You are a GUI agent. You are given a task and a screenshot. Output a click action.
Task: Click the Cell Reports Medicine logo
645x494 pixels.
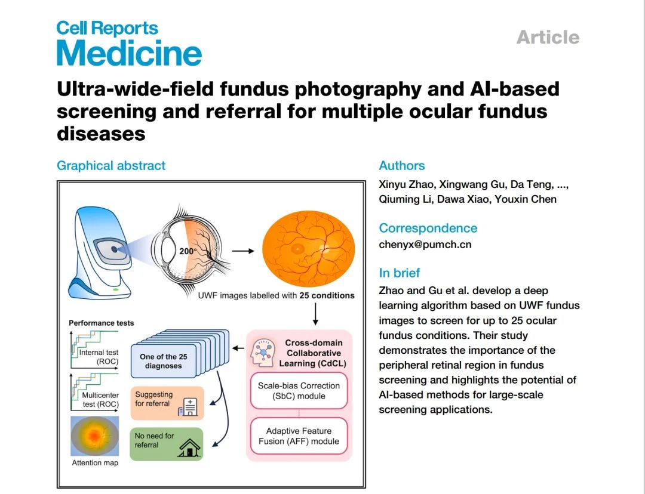(x=129, y=44)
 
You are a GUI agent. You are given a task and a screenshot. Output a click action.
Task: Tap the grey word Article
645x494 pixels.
(x=548, y=37)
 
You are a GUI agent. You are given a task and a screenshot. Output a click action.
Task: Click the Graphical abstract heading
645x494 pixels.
(x=111, y=166)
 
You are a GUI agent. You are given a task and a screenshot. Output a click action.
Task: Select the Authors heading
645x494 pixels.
(x=402, y=166)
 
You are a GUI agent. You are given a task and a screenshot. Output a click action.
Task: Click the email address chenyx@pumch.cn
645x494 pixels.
(x=425, y=245)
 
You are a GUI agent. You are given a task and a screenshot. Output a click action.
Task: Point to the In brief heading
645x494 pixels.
(x=399, y=273)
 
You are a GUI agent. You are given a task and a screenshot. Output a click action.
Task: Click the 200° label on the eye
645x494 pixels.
(x=188, y=251)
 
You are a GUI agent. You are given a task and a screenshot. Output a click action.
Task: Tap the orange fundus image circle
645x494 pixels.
(x=309, y=249)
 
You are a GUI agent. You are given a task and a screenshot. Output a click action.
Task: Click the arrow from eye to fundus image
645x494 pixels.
(x=243, y=251)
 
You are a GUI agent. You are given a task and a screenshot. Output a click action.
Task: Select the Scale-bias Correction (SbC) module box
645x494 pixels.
(x=299, y=391)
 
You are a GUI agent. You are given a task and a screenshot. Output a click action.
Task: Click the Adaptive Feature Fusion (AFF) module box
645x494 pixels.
(x=299, y=436)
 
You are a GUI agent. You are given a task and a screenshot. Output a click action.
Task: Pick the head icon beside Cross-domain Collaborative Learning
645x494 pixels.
(x=262, y=352)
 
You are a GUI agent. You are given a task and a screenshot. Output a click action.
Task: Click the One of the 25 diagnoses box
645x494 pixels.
(x=163, y=361)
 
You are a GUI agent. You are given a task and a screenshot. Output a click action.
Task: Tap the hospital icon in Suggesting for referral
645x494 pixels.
(x=187, y=407)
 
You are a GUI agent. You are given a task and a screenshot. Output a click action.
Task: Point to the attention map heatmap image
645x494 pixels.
(x=95, y=436)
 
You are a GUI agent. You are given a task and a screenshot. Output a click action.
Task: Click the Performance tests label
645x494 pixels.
(x=101, y=323)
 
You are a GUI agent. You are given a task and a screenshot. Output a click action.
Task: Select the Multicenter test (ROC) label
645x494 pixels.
(x=100, y=400)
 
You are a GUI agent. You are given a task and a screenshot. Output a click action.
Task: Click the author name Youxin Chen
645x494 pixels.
(x=526, y=199)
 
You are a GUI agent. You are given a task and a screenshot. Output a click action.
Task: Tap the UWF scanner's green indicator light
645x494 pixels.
(x=116, y=289)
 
